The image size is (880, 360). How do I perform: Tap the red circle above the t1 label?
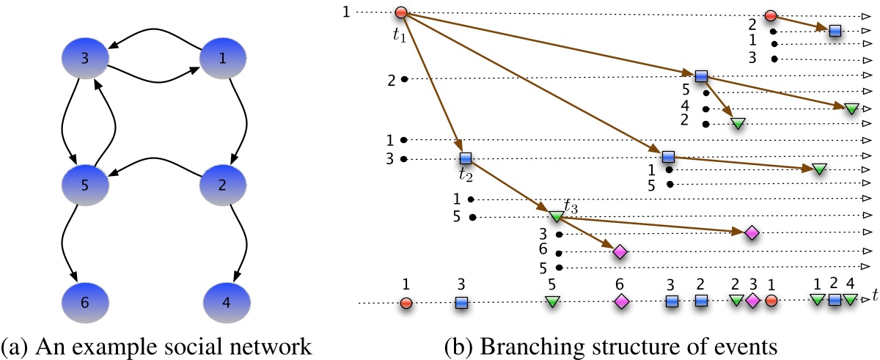tap(401, 12)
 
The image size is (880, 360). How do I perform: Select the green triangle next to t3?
tap(555, 217)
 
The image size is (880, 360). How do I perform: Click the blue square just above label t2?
tap(465, 158)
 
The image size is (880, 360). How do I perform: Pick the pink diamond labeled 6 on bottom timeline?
tap(622, 301)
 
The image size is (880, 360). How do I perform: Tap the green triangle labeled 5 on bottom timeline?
tap(553, 301)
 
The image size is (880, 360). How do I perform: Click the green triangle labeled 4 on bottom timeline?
tap(849, 300)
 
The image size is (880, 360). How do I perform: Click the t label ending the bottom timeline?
tap(874, 296)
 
